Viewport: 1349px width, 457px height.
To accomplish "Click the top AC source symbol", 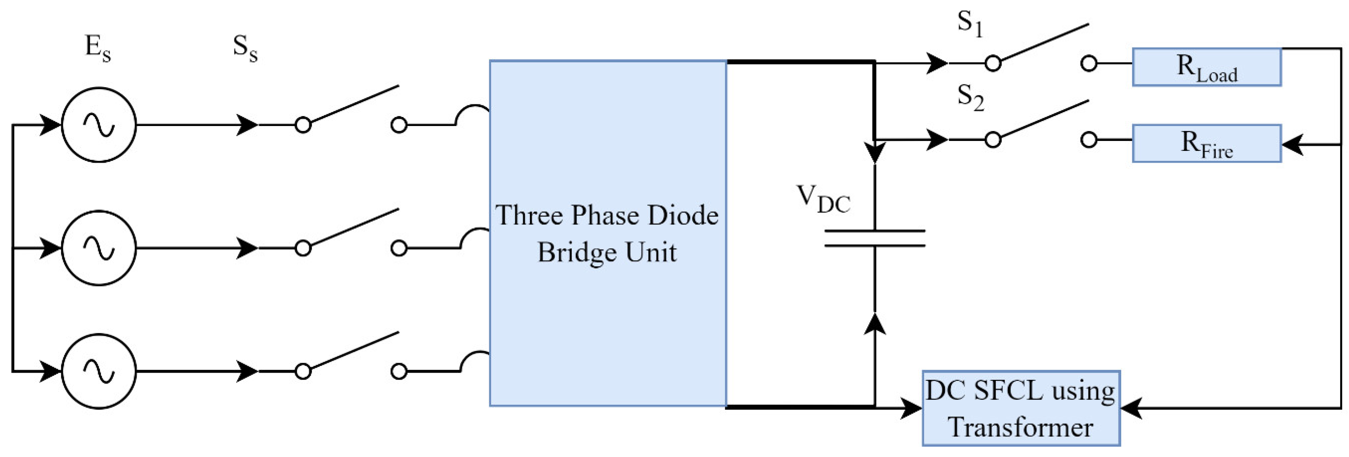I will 99,125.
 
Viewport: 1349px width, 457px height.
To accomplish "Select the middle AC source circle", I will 99,248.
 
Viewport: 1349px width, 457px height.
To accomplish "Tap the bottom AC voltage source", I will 99,371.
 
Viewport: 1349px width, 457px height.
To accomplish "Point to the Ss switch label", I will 245,48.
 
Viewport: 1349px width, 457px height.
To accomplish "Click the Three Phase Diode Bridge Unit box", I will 607,233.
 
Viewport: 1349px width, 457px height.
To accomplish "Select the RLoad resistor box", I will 1206,67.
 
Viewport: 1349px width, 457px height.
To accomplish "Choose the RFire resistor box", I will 1206,143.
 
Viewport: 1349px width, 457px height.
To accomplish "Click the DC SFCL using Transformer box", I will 1021,408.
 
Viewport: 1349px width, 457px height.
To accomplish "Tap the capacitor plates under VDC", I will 875,238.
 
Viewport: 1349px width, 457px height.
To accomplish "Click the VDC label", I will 823,199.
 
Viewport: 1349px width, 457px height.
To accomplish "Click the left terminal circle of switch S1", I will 993,63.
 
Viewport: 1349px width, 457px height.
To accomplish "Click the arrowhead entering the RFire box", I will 1291,144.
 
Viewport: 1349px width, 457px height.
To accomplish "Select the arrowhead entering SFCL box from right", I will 1130,408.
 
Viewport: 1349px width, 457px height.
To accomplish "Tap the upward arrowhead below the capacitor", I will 875,324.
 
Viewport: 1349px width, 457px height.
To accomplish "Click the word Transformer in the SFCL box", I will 1021,427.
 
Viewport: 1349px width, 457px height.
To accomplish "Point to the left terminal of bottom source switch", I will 303,371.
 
